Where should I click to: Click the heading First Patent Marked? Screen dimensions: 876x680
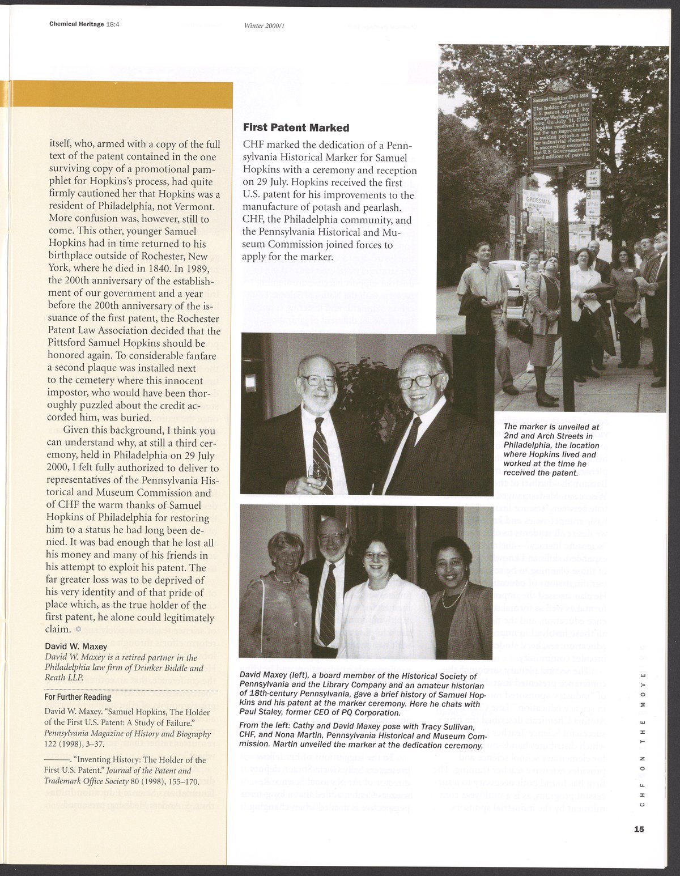tap(296, 128)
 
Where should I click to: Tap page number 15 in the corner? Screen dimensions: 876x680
tap(639, 829)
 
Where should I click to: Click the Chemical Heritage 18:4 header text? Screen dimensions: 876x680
tap(87, 24)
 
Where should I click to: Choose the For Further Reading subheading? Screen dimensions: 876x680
tap(78, 697)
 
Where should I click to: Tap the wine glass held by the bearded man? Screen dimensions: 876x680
tap(319, 471)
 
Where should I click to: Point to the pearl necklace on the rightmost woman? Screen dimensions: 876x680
tap(454, 596)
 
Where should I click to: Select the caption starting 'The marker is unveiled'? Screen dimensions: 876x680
tap(551, 449)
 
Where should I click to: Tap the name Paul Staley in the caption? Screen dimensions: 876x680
tap(261, 712)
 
